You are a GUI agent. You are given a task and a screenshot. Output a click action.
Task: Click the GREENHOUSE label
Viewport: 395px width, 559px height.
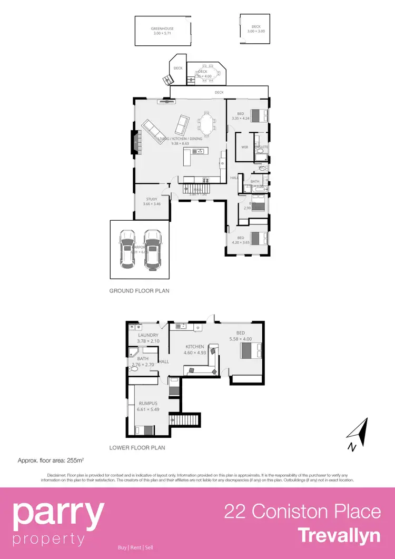coord(162,28)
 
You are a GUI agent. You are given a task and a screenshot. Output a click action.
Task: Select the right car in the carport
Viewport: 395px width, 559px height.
coord(153,249)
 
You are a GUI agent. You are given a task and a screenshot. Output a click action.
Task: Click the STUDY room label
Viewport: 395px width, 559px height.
coord(152,199)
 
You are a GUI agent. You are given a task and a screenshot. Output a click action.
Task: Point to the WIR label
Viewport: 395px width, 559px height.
coord(244,147)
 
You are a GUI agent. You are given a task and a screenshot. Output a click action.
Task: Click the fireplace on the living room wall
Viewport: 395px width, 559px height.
coord(134,142)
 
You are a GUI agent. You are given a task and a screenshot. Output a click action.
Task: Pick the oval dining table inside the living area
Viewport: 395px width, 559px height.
coord(206,125)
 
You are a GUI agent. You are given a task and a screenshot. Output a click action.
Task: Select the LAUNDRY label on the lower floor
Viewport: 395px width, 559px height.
coord(148,335)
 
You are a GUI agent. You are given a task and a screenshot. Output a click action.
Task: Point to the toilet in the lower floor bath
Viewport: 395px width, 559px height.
coord(133,369)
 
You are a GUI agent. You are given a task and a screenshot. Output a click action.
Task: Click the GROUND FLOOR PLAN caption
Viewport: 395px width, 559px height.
coord(139,291)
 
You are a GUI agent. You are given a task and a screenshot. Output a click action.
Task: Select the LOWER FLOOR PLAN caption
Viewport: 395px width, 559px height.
coord(137,448)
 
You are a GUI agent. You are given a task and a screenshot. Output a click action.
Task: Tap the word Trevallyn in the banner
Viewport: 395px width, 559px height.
coord(339,535)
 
